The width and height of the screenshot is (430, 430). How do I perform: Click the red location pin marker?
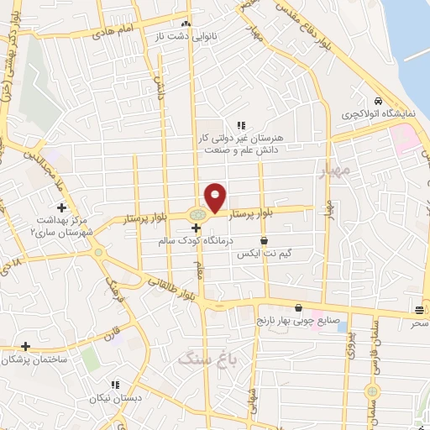pos(216,197)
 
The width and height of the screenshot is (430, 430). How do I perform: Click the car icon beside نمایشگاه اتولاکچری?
pos(380,100)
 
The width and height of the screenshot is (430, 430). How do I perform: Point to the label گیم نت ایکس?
pos(264,253)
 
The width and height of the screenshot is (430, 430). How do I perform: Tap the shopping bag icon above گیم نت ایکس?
pos(264,241)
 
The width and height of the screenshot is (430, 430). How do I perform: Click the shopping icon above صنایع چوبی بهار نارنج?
pos(298,308)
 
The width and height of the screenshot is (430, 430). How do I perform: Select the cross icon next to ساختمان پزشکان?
pos(26,346)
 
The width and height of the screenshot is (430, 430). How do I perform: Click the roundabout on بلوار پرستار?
pos(197,216)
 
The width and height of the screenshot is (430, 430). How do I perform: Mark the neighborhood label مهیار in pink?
pos(333,171)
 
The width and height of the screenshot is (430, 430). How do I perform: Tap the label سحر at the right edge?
pos(418,322)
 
